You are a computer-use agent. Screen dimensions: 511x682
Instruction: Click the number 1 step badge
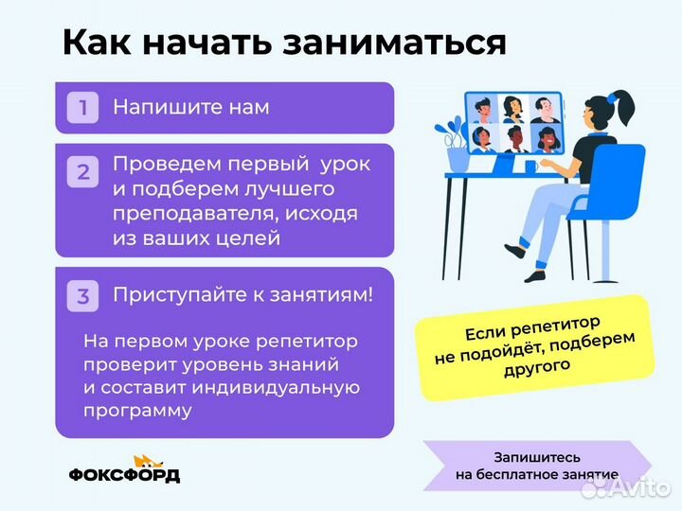coord(82,108)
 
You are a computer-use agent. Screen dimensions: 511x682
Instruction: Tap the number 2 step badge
coord(82,172)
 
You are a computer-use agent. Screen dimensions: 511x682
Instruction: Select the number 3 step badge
coord(82,296)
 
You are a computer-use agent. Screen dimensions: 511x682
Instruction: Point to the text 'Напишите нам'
coord(190,107)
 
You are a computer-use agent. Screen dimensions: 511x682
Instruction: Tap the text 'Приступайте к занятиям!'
coord(242,295)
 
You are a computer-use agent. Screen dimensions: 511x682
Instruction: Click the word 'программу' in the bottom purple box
coord(137,411)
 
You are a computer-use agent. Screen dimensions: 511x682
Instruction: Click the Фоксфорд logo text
coord(123,475)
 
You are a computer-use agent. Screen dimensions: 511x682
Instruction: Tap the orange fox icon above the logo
coord(144,461)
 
